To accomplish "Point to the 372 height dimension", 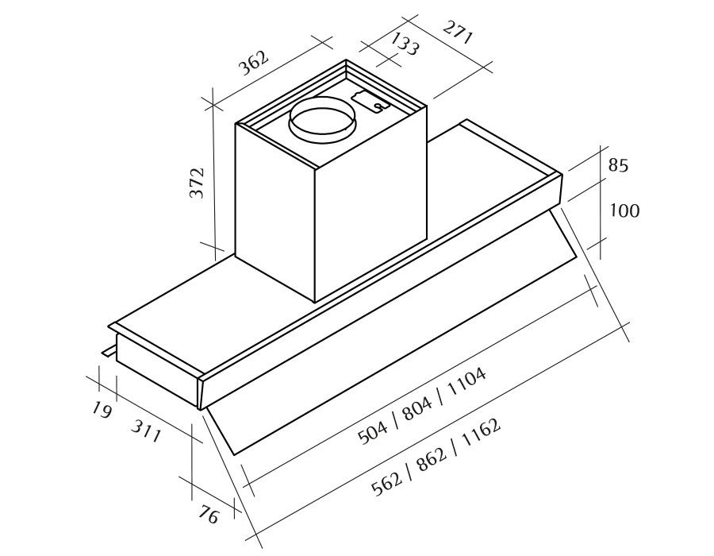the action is coord(197,183).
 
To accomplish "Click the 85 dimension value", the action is coord(618,165).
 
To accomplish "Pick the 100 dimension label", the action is coord(624,210).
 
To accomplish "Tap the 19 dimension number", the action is coord(102,410).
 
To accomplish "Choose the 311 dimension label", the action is coord(146,431).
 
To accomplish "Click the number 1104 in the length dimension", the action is coord(466,381).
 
